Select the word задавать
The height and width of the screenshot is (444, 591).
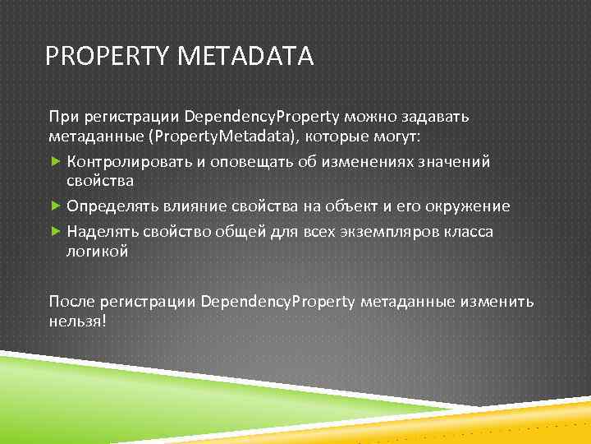434,116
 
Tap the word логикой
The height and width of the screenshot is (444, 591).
97,252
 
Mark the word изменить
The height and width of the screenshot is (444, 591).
497,301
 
